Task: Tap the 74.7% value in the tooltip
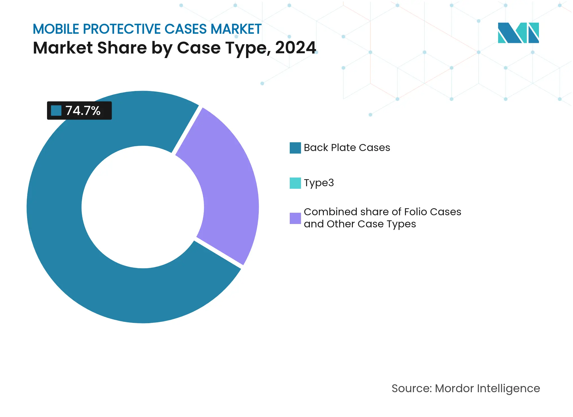[x=83, y=111]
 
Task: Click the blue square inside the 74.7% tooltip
[x=56, y=110]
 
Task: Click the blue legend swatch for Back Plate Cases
[x=295, y=148]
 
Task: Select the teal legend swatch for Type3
[x=295, y=183]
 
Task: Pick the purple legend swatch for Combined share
[x=295, y=218]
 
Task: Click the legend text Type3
[x=319, y=183]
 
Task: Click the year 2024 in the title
[x=295, y=48]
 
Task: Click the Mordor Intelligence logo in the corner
[x=518, y=33]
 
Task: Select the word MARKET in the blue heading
[x=236, y=29]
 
